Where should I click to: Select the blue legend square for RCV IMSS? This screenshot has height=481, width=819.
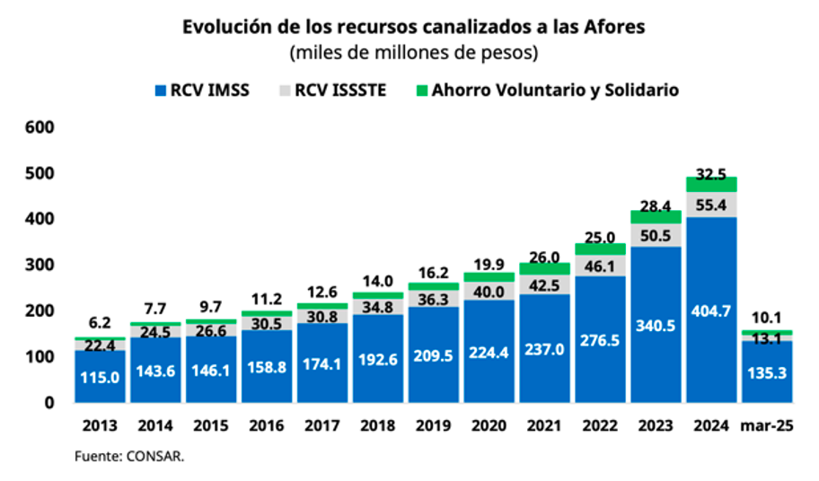[x=161, y=91]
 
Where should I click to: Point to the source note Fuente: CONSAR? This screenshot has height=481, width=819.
[x=129, y=457]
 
